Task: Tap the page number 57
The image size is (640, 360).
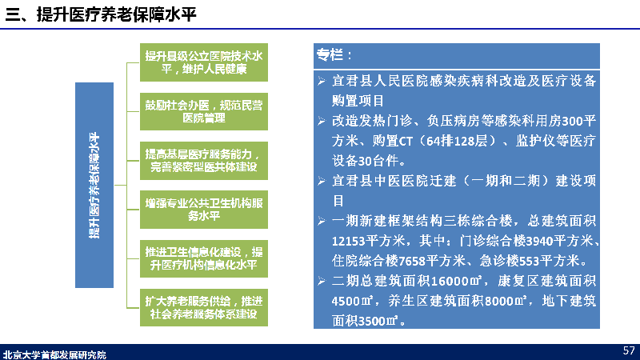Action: coord(629,350)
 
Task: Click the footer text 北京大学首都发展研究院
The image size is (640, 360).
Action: coord(54,354)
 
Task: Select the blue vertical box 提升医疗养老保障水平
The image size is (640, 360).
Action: coord(94,185)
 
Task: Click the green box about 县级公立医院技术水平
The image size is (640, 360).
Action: coord(204,62)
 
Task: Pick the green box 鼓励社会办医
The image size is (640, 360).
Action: coord(204,111)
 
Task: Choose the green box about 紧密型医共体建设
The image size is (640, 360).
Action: coord(204,161)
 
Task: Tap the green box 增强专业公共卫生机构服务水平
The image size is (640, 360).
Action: coord(204,210)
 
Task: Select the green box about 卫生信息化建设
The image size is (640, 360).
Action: coord(204,258)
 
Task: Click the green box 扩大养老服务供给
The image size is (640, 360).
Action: coord(204,307)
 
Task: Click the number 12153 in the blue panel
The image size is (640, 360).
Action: coord(348,241)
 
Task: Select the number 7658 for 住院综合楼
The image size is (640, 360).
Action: coord(412,261)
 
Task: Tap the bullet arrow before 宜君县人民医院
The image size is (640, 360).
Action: coord(322,81)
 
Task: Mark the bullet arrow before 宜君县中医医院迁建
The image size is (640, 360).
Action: coord(322,181)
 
